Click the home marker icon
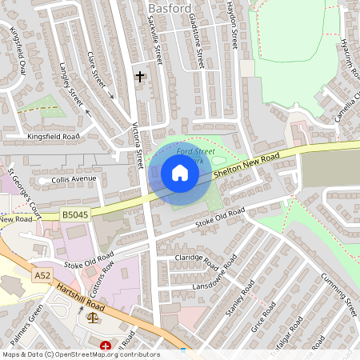pyautogui.click(x=180, y=173)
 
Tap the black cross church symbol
pyautogui.click(x=140, y=77)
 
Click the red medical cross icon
pyautogui.click(x=106, y=346)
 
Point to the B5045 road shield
pyautogui.click(x=74, y=214)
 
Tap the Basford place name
pyautogui.click(x=170, y=8)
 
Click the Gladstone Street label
pyautogui.click(x=198, y=44)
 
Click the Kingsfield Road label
pyautogui.click(x=54, y=137)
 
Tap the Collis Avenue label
pyautogui.click(x=74, y=179)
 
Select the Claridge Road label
pyautogui.click(x=197, y=261)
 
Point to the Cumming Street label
pyautogui.click(x=327, y=291)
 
